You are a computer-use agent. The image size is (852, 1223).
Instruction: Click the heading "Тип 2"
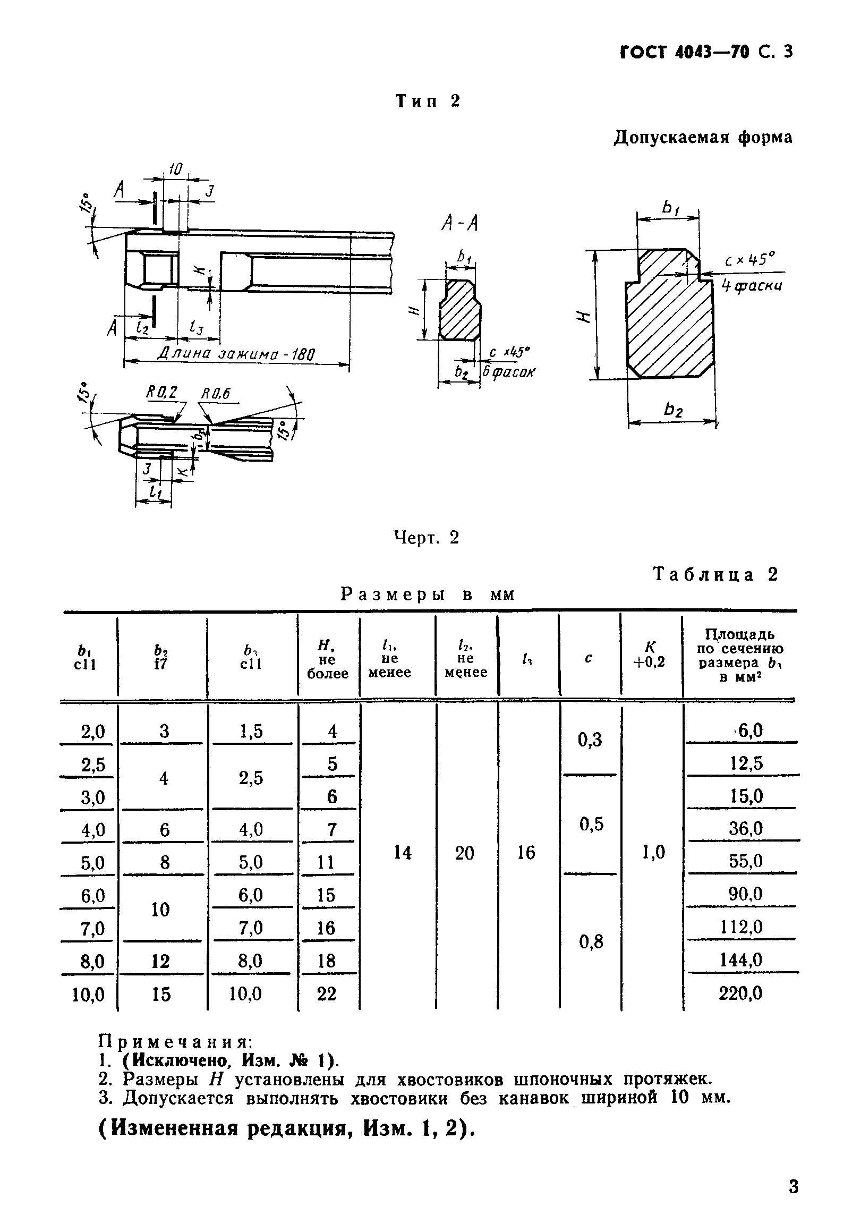[x=428, y=100]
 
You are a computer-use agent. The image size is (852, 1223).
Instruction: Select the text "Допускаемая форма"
[x=703, y=138]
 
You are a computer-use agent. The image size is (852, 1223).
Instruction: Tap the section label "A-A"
[x=459, y=224]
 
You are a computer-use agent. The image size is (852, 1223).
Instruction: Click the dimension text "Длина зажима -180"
[x=236, y=354]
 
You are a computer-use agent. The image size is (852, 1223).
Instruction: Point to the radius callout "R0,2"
[x=161, y=393]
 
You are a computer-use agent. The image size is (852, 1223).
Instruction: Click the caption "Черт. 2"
[x=426, y=538]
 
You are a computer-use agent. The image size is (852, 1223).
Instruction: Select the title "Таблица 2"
[x=715, y=574]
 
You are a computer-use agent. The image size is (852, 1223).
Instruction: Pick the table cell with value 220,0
[x=740, y=993]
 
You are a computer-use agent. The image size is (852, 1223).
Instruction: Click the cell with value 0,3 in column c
[x=590, y=740]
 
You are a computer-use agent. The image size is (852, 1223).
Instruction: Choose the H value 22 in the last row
[x=327, y=993]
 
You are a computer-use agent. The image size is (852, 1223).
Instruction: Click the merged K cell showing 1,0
[x=653, y=853]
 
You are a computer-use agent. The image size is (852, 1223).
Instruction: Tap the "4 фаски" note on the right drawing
[x=752, y=286]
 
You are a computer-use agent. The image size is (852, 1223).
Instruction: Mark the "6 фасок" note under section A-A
[x=508, y=372]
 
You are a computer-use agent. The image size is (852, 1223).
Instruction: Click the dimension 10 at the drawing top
[x=175, y=169]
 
